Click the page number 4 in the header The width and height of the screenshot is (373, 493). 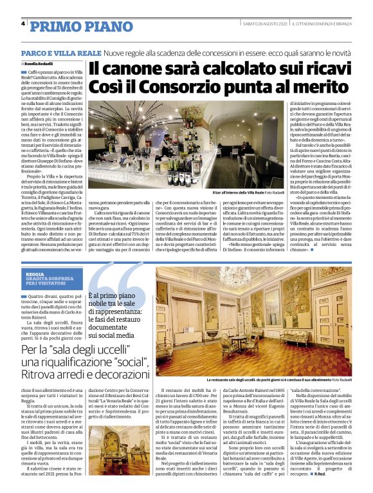click(23, 24)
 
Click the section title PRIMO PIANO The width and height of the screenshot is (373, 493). click(71, 26)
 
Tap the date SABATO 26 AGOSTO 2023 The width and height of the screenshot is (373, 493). click(262, 24)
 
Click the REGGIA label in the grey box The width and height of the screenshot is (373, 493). click(35, 274)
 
